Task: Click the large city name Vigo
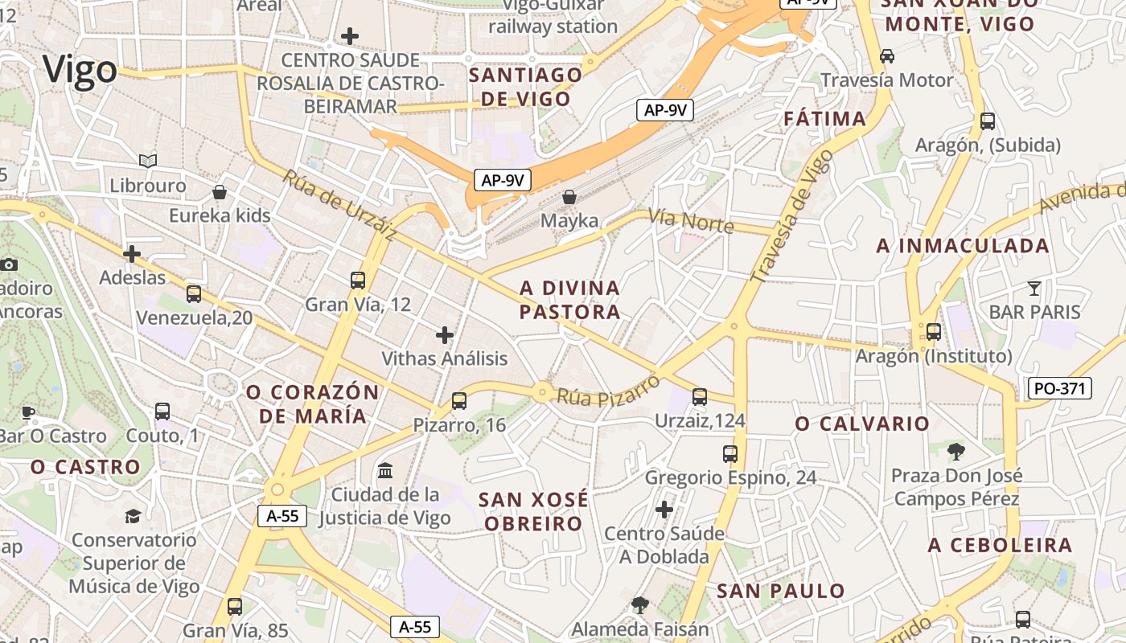80,70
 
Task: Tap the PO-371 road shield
1059,388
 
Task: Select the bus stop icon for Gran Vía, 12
358,280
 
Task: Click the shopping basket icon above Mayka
569,196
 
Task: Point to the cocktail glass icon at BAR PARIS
1034,287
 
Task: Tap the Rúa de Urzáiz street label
339,204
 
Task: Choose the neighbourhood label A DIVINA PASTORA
570,300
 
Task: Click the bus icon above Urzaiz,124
700,396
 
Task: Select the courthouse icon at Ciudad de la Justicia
385,469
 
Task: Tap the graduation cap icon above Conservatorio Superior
133,515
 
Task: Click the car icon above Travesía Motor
887,55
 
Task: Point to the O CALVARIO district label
862,424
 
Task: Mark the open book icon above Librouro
147,161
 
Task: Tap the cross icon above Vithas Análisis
445,334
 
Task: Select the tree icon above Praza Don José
956,451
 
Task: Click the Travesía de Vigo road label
792,215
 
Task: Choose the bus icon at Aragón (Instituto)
934,331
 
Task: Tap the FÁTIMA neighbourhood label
825,120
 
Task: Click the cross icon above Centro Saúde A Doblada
664,509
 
